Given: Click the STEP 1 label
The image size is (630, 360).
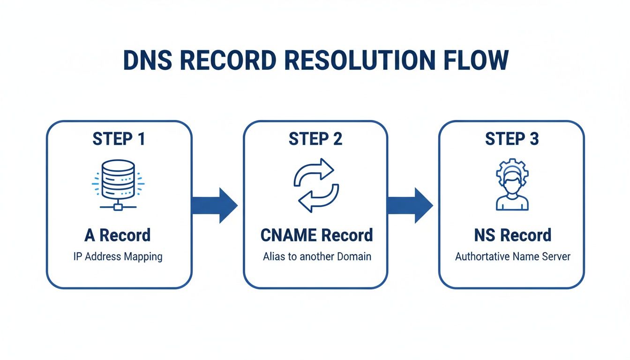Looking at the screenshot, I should pos(119,139).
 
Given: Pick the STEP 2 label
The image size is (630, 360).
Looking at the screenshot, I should pos(315,139).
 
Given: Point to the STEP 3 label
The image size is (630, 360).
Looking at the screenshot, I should pos(511,139).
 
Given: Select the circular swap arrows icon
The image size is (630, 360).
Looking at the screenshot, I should pos(315,185).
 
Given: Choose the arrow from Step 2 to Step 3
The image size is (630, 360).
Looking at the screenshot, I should pos(411,205).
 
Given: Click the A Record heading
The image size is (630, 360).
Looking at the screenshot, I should pos(118,235).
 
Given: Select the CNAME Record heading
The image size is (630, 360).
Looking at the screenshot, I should pos(316,235).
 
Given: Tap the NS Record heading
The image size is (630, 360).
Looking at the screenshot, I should pos(512,235).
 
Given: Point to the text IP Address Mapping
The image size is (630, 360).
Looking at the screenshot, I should pos(118,257).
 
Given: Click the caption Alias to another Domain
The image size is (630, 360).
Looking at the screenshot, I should pos(316,257).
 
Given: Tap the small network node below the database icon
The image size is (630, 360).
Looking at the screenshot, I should pos(119,206).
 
